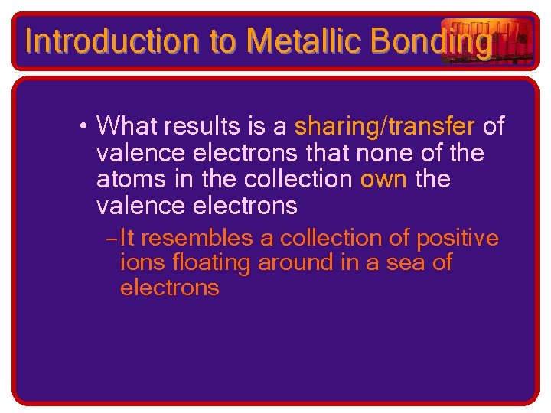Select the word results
pos(208,125)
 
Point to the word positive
pos(457,239)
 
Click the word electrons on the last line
pos(169,288)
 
